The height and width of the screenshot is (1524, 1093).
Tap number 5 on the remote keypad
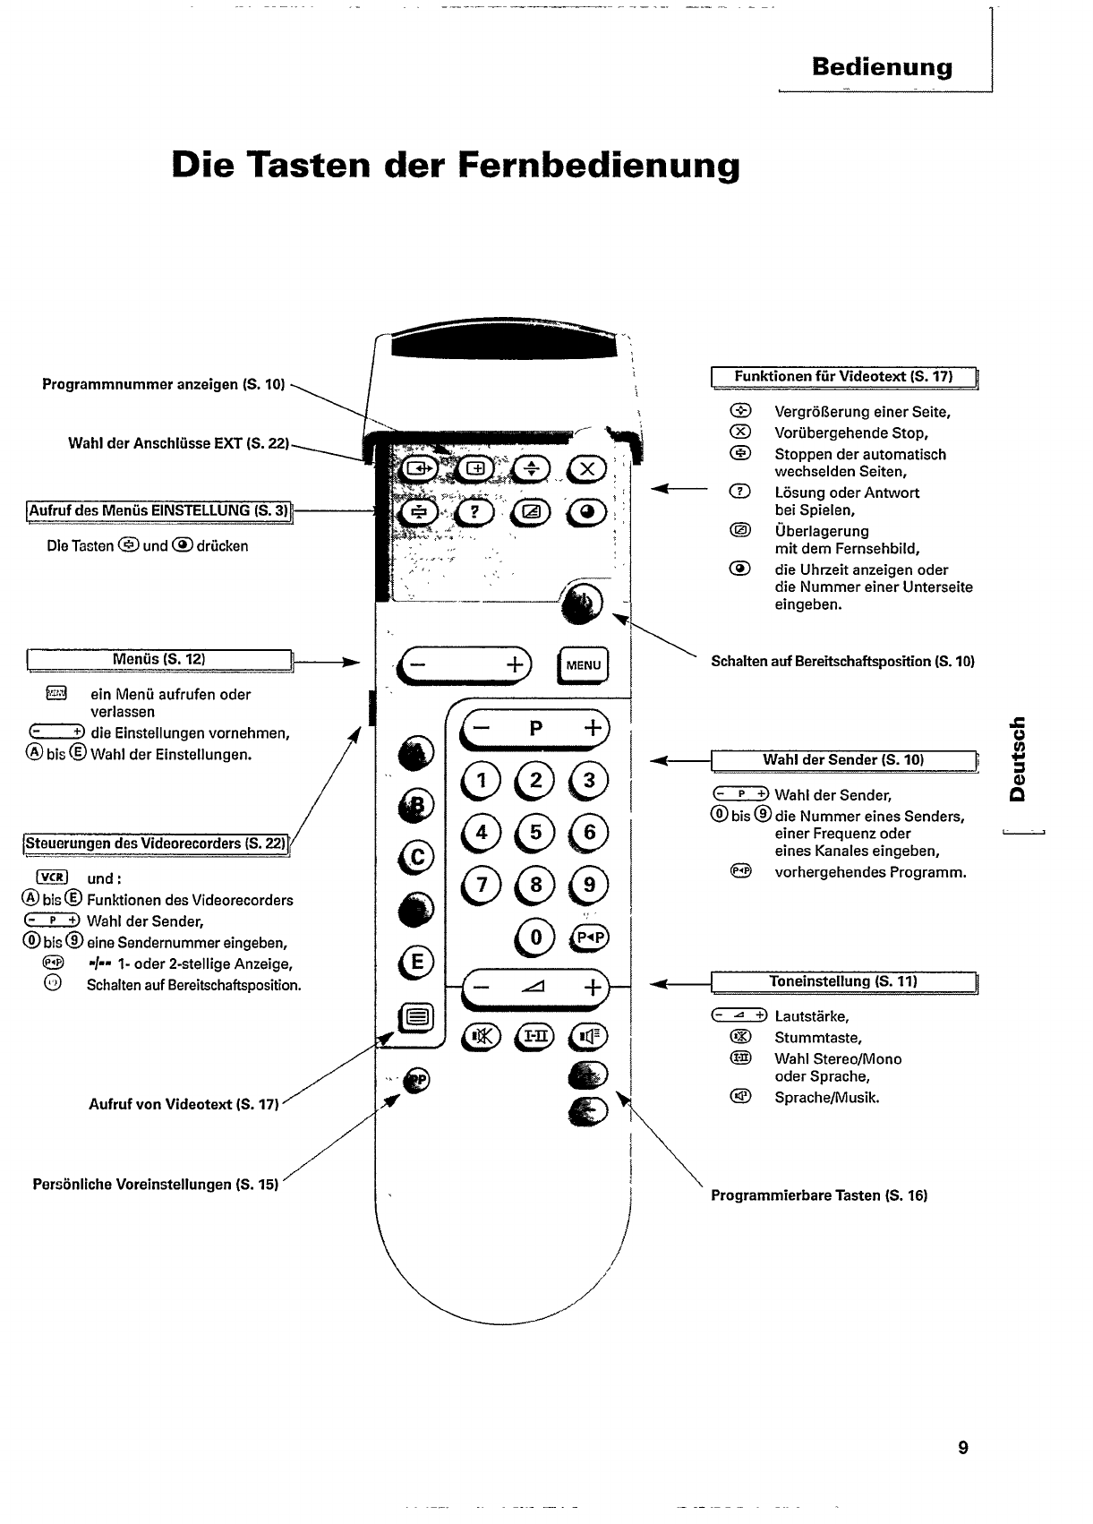coord(535,833)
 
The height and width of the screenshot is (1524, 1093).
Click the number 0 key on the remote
coord(536,938)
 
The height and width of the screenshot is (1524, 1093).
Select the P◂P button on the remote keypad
coord(590,938)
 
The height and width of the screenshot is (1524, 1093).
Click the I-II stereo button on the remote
coord(535,1036)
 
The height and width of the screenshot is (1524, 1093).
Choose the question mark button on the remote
coord(475,511)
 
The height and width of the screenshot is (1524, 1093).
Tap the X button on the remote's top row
coord(587,469)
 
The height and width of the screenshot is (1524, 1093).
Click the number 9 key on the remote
coord(589,885)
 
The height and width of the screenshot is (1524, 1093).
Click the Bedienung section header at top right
coord(882,67)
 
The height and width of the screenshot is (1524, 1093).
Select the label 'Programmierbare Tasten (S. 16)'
coord(819,1195)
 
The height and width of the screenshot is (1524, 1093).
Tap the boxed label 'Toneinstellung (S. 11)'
coord(843,981)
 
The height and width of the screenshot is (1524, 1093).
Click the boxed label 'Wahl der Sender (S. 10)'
coord(843,760)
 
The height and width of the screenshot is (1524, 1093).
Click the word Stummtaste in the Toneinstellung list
coord(818,1038)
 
